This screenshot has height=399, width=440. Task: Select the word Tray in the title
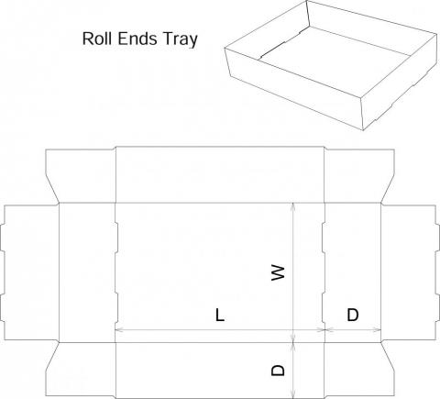click(181, 39)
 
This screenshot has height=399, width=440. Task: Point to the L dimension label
click(220, 315)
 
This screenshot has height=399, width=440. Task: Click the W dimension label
click(279, 272)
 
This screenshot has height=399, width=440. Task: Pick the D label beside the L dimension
click(353, 315)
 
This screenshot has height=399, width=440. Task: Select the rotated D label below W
click(278, 370)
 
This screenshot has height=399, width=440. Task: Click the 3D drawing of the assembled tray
click(331, 65)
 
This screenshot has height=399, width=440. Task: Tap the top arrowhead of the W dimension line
click(293, 206)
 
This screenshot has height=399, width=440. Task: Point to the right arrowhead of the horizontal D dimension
click(378, 330)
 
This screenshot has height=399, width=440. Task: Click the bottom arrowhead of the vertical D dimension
click(293, 394)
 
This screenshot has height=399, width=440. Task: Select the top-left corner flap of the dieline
click(81, 176)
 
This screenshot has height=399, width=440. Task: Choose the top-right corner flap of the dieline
click(359, 176)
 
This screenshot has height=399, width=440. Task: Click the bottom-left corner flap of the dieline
click(81, 370)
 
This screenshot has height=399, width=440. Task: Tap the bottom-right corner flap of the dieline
click(359, 370)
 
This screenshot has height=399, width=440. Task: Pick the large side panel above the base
click(220, 174)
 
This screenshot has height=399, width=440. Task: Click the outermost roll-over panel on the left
click(29, 272)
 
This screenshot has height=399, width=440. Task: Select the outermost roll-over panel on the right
click(411, 272)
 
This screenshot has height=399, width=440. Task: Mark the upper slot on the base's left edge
click(116, 238)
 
